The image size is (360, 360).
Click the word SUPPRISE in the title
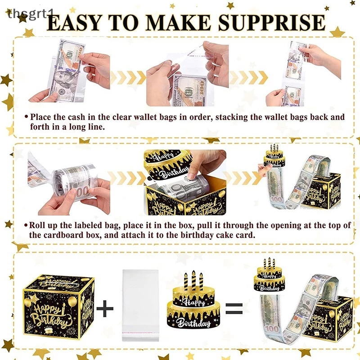coord(272,22)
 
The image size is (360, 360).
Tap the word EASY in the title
coord(74,22)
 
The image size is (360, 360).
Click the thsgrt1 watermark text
coord(30,14)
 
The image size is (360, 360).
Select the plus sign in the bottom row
coord(105,308)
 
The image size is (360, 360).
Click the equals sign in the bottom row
coord(234,309)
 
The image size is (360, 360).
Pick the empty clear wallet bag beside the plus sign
coord(140,305)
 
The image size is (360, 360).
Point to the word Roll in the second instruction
coord(37,225)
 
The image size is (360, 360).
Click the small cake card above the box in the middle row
coord(274,156)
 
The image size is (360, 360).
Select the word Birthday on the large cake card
coord(194,323)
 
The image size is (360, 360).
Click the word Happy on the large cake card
coord(193,302)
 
